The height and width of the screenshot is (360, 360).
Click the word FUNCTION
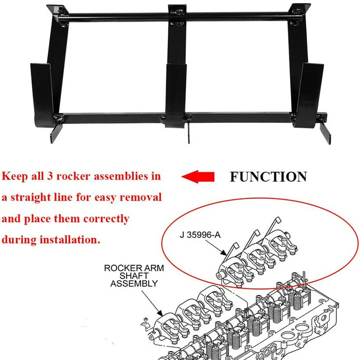tap(268, 176)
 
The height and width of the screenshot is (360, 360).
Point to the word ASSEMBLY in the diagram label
tap(134, 284)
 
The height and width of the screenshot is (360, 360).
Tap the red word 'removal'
tap(142, 198)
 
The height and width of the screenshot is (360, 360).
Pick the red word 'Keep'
tap(14, 176)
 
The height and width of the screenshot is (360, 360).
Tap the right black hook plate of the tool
tap(310, 90)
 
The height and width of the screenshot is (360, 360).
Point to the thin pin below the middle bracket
tap(189, 133)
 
